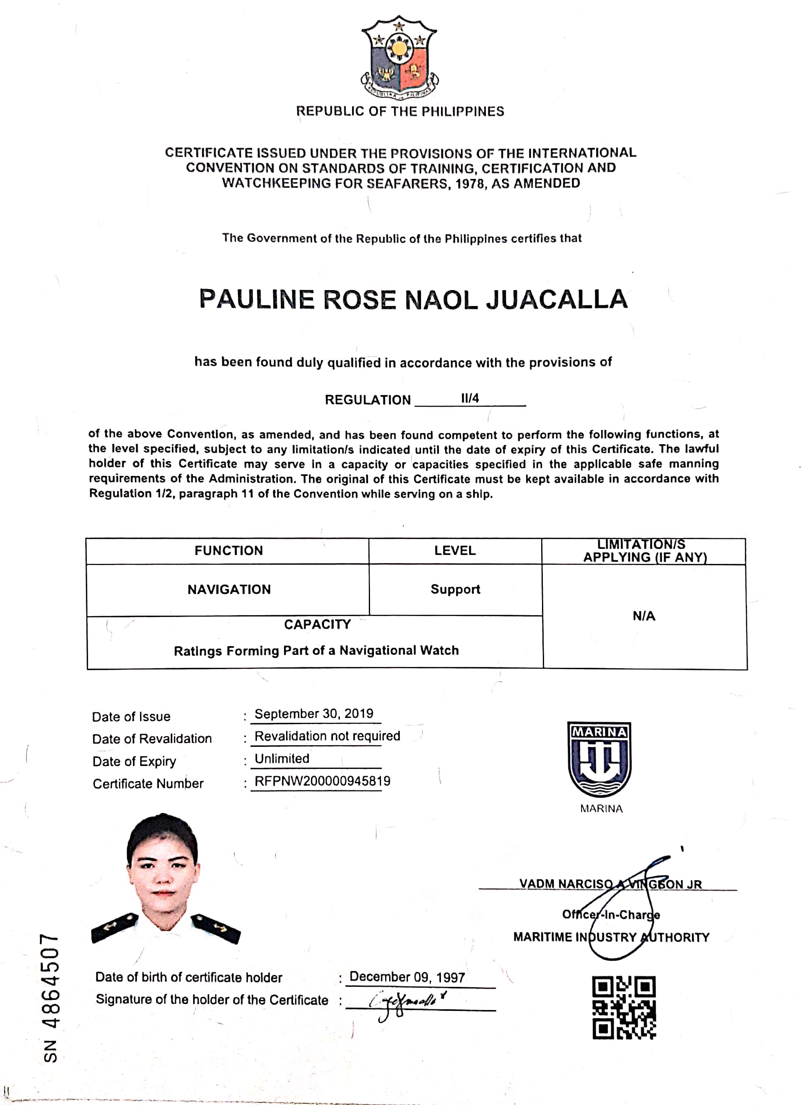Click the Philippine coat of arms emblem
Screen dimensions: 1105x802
point(399,57)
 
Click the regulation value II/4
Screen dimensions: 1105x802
point(470,398)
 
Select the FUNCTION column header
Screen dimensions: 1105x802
point(229,550)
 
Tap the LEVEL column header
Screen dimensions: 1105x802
point(455,550)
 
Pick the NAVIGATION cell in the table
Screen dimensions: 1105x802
point(229,590)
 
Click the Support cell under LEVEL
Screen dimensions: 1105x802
point(455,590)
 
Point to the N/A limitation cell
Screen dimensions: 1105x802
point(643,616)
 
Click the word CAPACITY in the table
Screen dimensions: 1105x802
point(317,625)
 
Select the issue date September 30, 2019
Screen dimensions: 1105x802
point(314,714)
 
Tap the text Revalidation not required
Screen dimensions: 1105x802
point(327,736)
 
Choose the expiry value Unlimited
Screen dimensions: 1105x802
point(282,759)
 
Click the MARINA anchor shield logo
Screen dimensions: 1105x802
point(599,759)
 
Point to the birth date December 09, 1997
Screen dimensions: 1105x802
point(407,977)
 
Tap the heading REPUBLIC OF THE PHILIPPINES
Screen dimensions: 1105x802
point(400,112)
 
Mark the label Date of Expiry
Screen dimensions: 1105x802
point(134,762)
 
